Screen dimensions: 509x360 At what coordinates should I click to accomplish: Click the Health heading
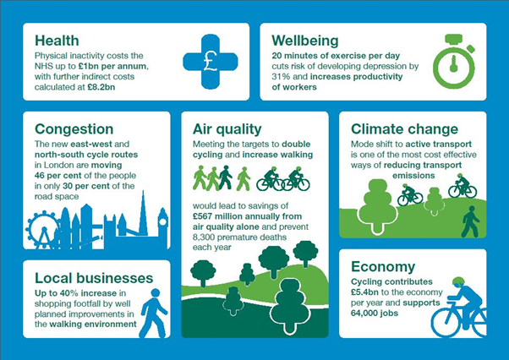click(57, 41)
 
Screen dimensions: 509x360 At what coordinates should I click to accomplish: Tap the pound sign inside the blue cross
click(211, 61)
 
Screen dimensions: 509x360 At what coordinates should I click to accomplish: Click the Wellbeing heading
click(305, 41)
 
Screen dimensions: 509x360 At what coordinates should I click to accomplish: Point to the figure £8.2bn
click(101, 87)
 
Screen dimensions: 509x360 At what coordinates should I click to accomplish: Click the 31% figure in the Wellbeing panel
click(279, 77)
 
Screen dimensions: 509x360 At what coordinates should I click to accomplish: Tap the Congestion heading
click(74, 129)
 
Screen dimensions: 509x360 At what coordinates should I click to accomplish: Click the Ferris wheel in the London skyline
click(42, 230)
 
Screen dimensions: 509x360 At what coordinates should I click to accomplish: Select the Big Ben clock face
click(162, 222)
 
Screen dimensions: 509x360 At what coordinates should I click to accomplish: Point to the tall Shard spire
click(143, 212)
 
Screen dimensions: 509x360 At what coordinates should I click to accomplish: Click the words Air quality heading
click(227, 129)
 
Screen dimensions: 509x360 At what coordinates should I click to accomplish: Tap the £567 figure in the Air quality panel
click(202, 216)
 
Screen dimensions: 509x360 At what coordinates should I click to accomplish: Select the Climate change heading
click(404, 129)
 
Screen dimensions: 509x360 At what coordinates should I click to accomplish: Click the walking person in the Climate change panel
click(470, 221)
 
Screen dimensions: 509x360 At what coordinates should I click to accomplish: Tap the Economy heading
click(383, 267)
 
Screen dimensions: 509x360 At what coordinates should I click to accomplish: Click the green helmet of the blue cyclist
click(458, 281)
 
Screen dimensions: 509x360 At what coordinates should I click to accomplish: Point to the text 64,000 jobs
click(375, 314)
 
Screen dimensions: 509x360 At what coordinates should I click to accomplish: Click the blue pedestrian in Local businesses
click(154, 313)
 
